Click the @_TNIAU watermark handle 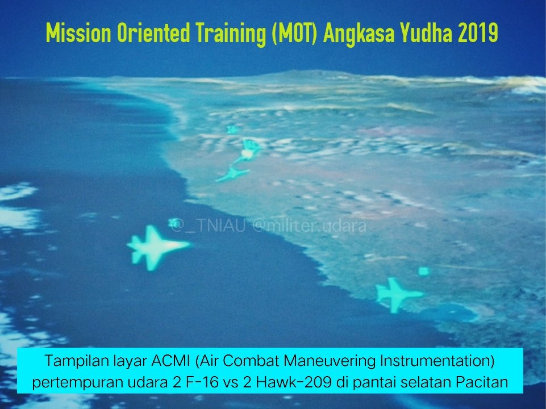click(x=209, y=226)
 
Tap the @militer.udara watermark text click(x=309, y=226)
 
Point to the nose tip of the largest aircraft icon click(x=190, y=244)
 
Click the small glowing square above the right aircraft click(x=423, y=271)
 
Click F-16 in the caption click(x=202, y=382)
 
